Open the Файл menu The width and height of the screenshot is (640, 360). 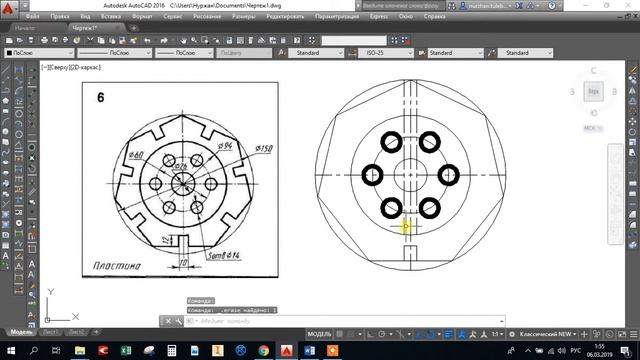[x=34, y=17]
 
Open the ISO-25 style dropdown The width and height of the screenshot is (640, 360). [x=394, y=52]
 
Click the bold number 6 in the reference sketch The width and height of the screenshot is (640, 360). [x=101, y=98]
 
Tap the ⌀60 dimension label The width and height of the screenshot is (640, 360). [x=136, y=153]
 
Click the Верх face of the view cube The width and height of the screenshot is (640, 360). [x=593, y=90]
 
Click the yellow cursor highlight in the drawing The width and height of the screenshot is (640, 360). [x=405, y=228]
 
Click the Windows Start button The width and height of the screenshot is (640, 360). [x=10, y=351]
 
